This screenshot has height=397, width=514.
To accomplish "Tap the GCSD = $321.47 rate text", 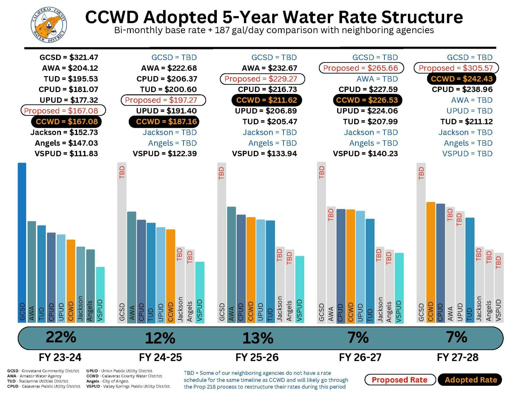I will [x=69, y=57].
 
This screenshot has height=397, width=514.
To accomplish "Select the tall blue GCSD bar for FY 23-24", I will [x=22, y=241].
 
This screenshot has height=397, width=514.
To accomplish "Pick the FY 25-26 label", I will [x=257, y=357].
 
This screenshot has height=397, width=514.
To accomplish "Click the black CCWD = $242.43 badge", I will [x=462, y=79].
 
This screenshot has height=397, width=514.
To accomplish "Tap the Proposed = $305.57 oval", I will [x=456, y=68].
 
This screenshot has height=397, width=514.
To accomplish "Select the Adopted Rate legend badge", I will [x=470, y=380].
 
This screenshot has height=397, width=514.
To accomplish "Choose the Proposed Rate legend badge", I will [x=400, y=380].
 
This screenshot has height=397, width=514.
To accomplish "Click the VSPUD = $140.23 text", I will [x=365, y=154].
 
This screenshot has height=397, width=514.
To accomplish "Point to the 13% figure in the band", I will [x=258, y=338].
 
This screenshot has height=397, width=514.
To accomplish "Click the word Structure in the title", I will [x=422, y=17].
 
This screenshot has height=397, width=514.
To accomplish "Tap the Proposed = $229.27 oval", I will [x=262, y=79].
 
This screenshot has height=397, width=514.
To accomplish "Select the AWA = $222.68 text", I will [x=169, y=68].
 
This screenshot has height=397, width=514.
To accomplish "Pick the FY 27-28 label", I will [x=458, y=357].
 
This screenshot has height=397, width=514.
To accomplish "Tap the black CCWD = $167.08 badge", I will [x=66, y=122].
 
